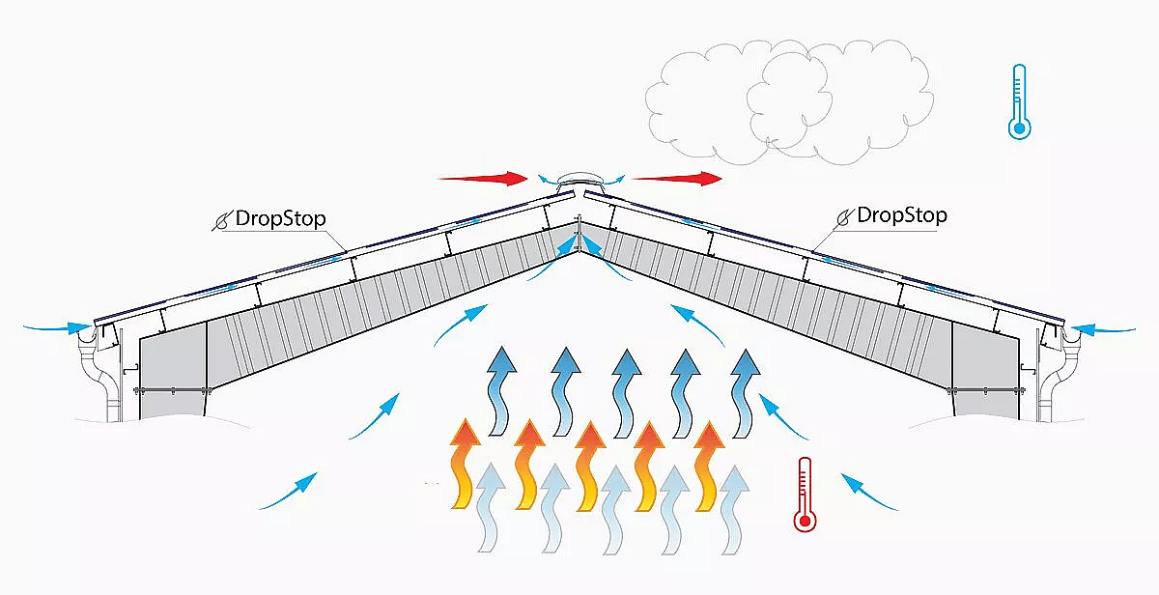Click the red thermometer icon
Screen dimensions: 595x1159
pos(804,495)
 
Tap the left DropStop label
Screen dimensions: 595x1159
pos(278,217)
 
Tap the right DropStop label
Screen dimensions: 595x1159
pos(901,215)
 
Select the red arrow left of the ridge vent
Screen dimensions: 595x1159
pos(482,178)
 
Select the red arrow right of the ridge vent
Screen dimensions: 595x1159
pos(677,178)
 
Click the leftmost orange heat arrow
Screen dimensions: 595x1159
pos(466,464)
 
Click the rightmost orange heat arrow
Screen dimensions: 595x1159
pos(709,464)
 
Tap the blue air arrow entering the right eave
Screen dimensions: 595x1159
pos(1101,329)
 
